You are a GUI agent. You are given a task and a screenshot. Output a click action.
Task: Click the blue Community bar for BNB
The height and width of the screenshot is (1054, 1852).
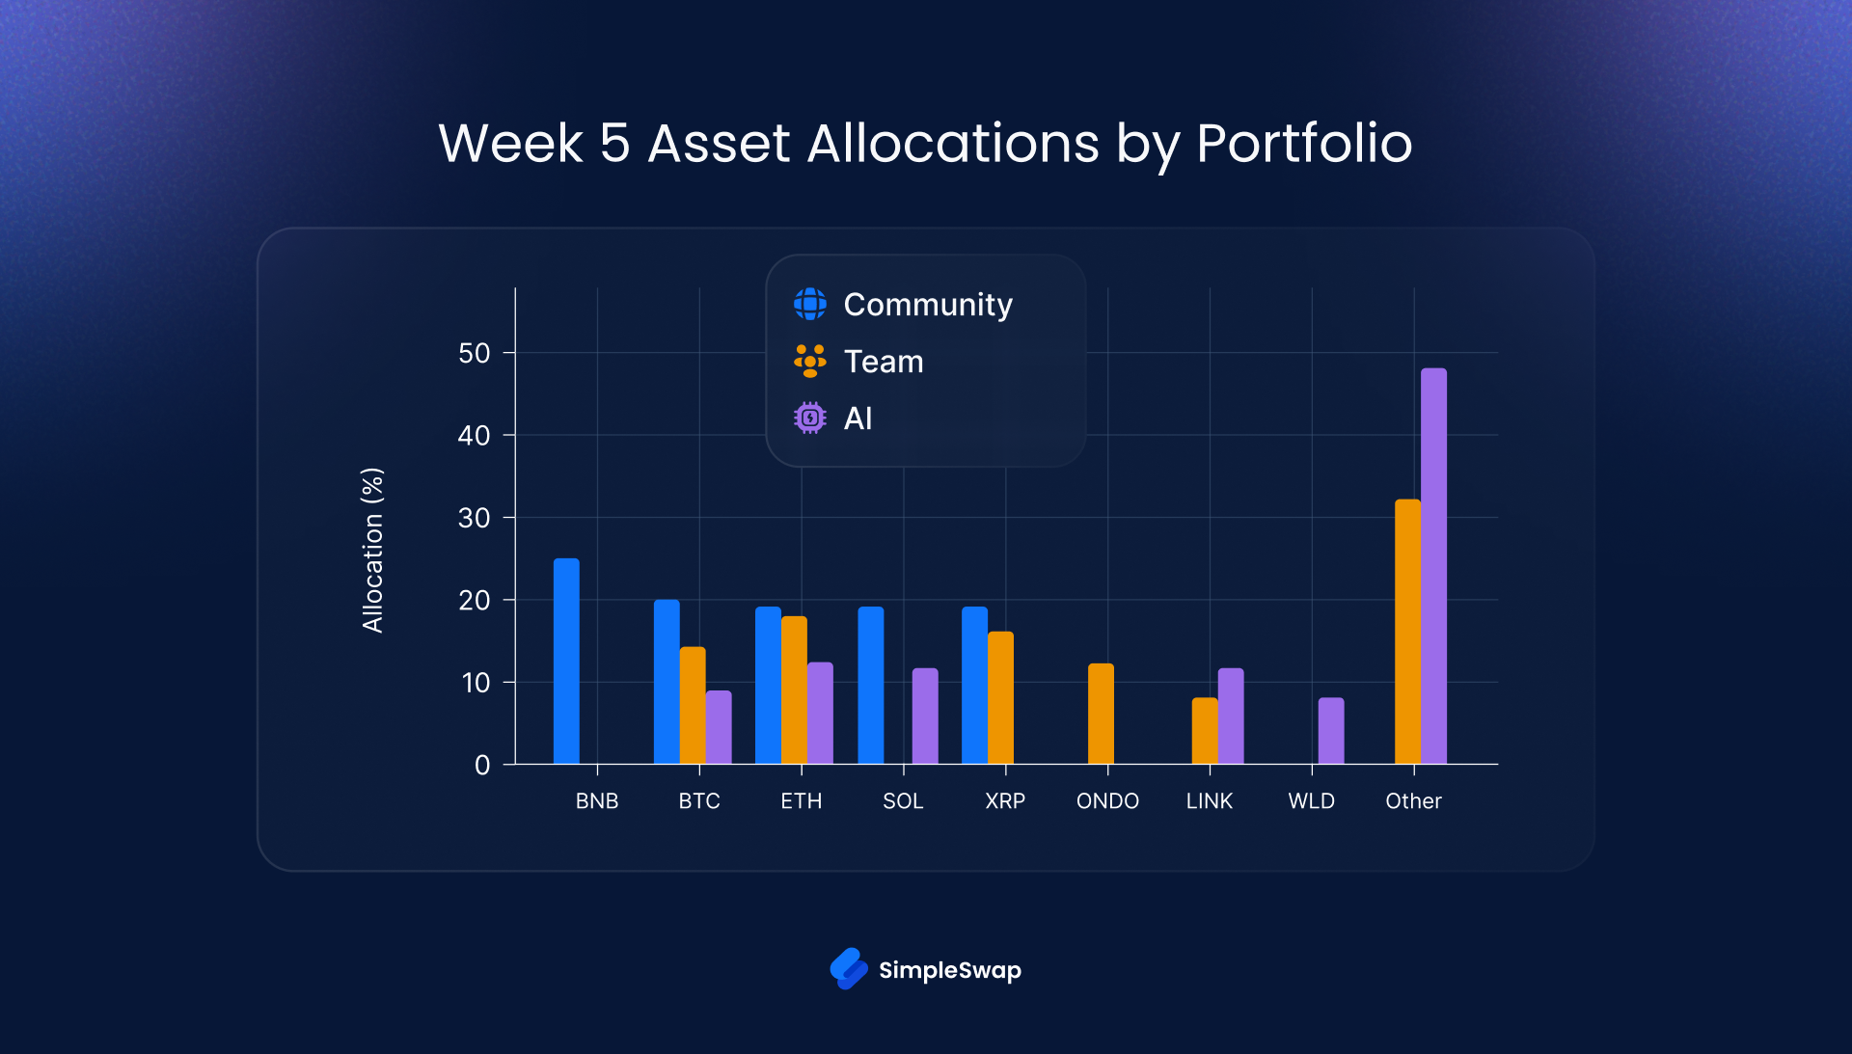coord(566,662)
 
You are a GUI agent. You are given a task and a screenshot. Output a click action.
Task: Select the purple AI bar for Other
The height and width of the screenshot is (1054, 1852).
coord(1433,566)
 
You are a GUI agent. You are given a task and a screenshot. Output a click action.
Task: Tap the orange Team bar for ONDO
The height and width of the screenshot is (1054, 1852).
coord(1101,714)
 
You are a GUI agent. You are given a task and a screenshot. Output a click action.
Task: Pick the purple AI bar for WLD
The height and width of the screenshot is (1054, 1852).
coord(1331,731)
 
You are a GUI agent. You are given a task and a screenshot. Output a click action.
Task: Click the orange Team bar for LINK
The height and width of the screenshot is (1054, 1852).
coord(1205,731)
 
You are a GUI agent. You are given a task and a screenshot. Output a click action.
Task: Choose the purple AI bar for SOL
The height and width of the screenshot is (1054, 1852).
coord(925,716)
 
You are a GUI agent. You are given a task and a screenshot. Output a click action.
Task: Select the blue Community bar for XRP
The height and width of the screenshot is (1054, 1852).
coord(974,685)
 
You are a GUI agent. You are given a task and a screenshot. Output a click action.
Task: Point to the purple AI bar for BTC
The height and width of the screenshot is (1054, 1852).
coord(719,727)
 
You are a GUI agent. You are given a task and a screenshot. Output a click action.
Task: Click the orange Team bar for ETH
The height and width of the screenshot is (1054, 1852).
coord(794,690)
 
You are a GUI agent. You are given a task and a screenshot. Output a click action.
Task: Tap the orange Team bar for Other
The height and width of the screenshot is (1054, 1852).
coord(1407,632)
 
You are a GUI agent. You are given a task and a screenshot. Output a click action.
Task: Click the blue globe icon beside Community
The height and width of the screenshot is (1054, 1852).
coord(810,304)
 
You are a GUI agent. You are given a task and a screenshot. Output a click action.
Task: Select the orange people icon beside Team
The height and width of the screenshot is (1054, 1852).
coord(810,361)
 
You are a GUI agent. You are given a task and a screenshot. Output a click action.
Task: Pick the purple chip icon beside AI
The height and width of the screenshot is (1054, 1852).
coord(810,418)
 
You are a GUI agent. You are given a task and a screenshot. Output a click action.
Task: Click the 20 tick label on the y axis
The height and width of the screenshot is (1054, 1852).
coord(475,600)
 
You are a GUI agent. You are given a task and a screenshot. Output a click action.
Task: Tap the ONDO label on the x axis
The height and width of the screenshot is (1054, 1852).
coord(1107,801)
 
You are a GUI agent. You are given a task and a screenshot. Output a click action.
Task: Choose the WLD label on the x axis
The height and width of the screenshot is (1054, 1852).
coord(1311,801)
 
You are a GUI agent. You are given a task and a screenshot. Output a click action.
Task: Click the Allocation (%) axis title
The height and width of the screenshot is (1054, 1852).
coord(372,550)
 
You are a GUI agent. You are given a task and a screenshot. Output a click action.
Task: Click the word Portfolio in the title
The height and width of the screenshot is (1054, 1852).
coord(1304,144)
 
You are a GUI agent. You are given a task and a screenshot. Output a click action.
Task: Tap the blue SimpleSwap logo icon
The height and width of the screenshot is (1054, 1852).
coord(849,968)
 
